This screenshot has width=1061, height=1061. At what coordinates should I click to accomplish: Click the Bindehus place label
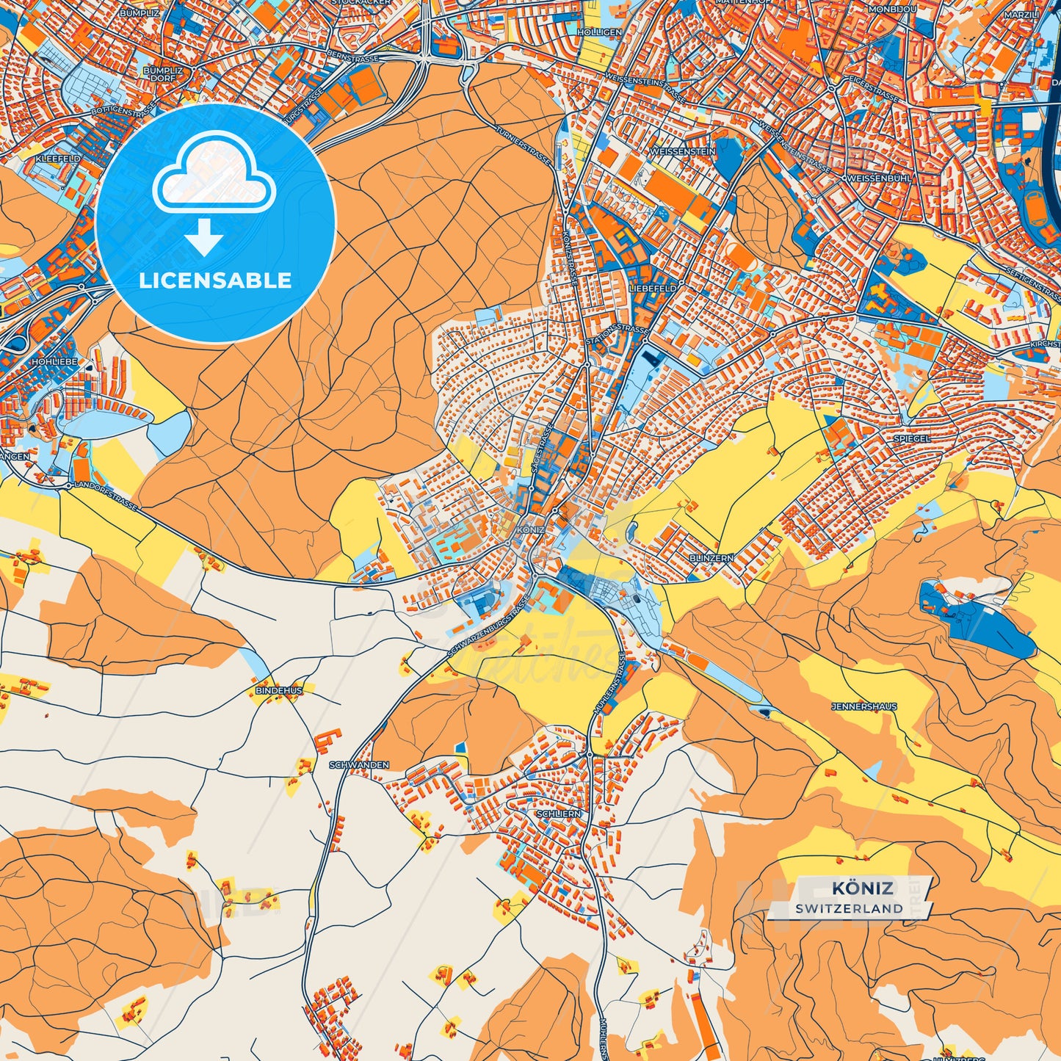[279, 691]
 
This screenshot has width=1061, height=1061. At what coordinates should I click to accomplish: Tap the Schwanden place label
[359, 765]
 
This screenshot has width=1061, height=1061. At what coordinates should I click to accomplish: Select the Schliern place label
[559, 814]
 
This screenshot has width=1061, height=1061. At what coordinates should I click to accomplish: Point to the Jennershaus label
[863, 706]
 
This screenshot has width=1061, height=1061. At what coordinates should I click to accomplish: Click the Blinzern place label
[711, 558]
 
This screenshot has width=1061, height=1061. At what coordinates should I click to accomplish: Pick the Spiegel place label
[911, 438]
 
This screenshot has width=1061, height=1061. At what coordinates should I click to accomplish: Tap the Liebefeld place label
[653, 289]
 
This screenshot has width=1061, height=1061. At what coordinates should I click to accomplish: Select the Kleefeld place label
[58, 159]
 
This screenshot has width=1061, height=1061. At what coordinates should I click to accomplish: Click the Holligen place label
[599, 33]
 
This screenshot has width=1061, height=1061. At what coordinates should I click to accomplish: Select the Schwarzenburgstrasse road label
[488, 626]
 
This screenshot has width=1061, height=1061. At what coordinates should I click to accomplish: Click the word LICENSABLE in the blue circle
[215, 280]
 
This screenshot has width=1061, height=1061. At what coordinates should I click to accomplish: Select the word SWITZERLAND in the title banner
[849, 908]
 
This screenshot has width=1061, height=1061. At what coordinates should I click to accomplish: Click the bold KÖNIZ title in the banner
[862, 888]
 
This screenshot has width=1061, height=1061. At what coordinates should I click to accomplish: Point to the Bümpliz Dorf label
[163, 75]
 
